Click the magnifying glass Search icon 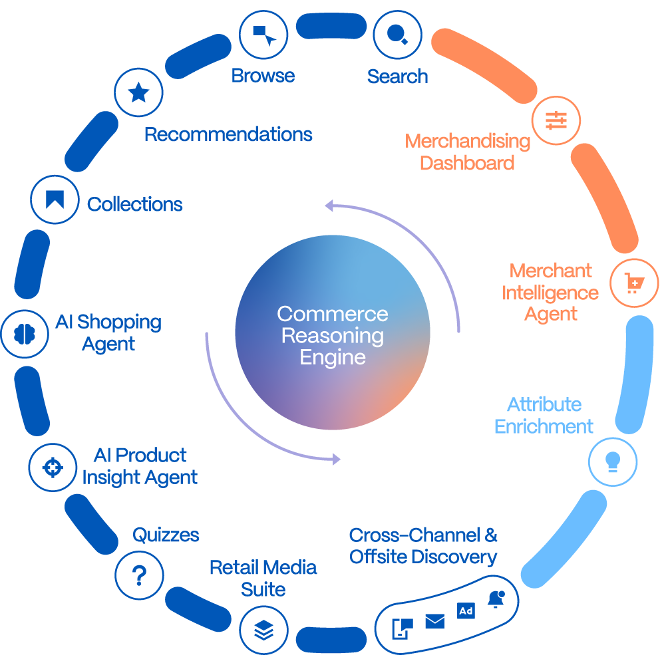point(397,34)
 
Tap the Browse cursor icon point(263,34)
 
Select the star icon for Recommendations point(138,92)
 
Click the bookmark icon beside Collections point(55,199)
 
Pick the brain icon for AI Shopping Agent point(25,333)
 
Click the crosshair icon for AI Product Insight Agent point(53,467)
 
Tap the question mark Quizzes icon point(139,575)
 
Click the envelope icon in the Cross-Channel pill point(434,621)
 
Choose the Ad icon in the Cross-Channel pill point(466,611)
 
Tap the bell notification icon point(496,599)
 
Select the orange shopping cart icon point(634,283)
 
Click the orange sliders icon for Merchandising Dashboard point(556,121)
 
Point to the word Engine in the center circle point(333,357)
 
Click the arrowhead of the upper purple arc point(328,205)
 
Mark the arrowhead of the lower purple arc point(337,459)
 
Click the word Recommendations point(228,134)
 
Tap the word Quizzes point(166,535)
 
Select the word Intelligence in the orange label point(550,293)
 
